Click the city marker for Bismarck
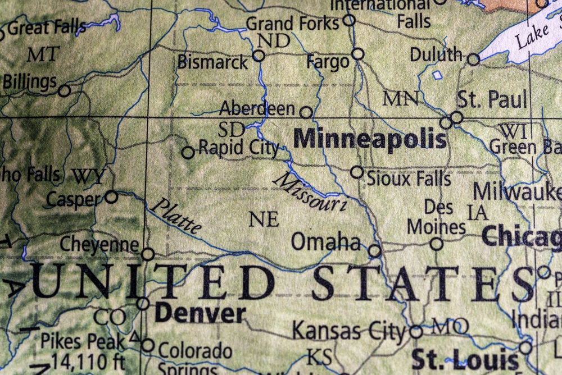tap(259, 56)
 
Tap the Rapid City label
tap(239, 149)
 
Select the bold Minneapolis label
tap(370, 139)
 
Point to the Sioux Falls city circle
tap(357, 172)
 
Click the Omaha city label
tap(325, 241)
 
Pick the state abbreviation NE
tap(264, 219)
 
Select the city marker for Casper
tap(111, 196)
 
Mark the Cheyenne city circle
tap(148, 254)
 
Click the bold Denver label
tap(200, 313)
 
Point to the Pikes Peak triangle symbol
tap(134, 337)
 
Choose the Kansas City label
tap(348, 331)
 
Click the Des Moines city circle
tap(437, 244)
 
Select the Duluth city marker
tap(474, 60)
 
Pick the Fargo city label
tap(329, 62)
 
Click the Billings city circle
tap(65, 90)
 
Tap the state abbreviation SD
tap(232, 130)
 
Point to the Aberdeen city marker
tap(306, 112)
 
